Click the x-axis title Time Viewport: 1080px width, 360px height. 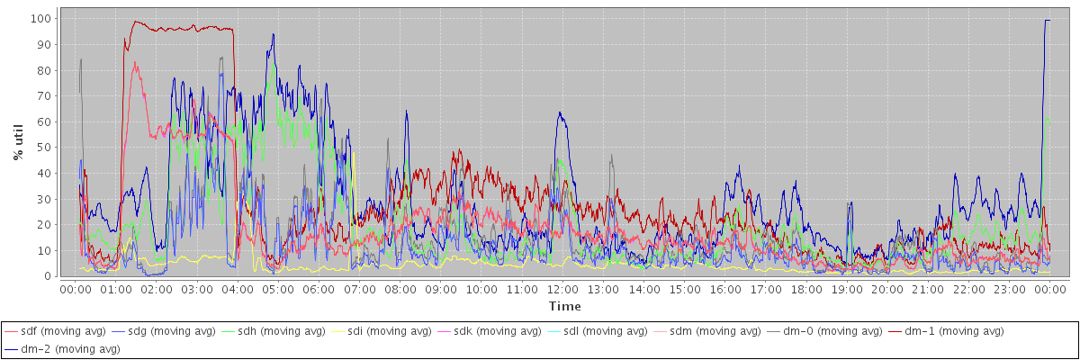tap(564, 306)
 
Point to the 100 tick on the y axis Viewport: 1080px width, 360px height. tap(40, 18)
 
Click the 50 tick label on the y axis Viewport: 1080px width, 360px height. tap(42, 147)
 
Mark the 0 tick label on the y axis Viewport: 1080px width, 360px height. tap(46, 276)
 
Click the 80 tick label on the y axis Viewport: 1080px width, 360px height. tap(42, 70)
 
